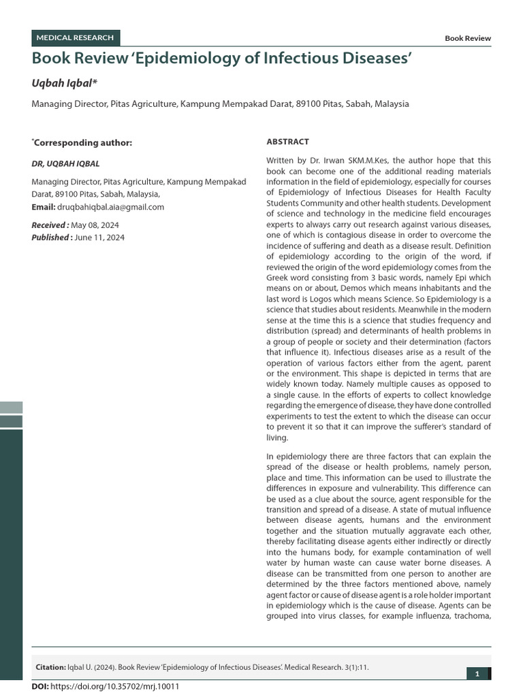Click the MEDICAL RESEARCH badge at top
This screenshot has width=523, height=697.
76,37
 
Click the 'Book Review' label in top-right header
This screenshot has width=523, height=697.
467,39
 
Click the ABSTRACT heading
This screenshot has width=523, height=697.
287,142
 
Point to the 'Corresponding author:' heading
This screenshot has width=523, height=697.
82,142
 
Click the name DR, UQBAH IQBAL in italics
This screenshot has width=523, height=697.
67,164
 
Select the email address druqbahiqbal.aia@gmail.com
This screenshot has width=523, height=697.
110,207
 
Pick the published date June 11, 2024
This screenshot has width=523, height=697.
99,237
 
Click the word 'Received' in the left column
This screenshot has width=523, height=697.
48,225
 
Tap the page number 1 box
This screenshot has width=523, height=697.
477,674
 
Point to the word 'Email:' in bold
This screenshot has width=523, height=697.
43,207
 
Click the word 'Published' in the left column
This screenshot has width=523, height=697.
50,237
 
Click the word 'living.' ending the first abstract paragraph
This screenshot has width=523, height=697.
277,438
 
